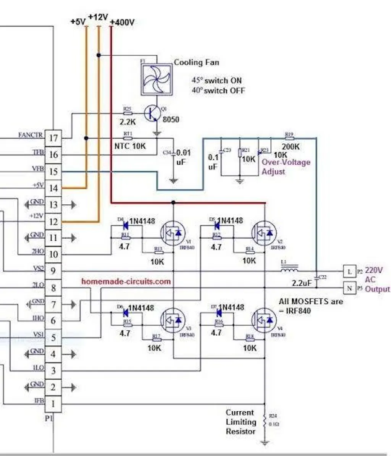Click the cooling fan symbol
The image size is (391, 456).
click(156, 79)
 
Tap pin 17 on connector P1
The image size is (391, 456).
click(53, 138)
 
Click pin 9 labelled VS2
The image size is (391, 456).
click(53, 271)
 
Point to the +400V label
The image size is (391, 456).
click(122, 23)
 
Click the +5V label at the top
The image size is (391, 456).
click(78, 22)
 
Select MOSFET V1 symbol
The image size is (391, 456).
click(173, 233)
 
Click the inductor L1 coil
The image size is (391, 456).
click(289, 271)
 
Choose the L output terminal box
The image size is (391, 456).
click(349, 271)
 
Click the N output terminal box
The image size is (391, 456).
click(349, 288)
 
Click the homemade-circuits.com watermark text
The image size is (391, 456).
click(126, 281)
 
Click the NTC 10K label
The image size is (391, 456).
click(130, 146)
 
